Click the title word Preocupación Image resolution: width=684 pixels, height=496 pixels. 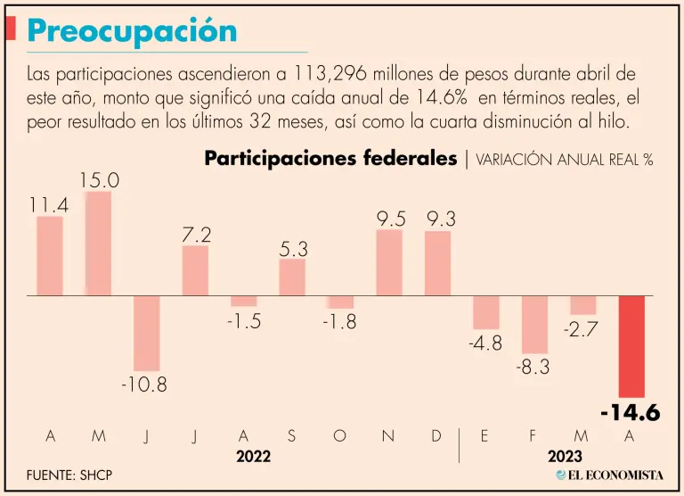[132, 31]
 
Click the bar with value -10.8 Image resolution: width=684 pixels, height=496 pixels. [147, 333]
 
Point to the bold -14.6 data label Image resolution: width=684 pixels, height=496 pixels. [630, 413]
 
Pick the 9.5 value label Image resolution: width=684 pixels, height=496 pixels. [389, 218]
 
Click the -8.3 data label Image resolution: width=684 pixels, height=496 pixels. [534, 366]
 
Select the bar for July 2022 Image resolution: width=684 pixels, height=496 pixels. [195, 270]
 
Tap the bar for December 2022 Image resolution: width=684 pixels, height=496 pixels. [437, 263]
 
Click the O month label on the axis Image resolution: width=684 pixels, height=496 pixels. [338, 435]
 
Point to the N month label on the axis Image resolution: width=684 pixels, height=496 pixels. [388, 435]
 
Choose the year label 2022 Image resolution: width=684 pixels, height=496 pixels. [254, 456]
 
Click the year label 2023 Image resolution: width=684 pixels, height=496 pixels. [566, 456]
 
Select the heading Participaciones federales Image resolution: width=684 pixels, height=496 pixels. [331, 159]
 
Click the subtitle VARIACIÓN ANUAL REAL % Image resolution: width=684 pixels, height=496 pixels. [565, 160]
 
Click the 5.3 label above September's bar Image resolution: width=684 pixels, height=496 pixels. [293, 249]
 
